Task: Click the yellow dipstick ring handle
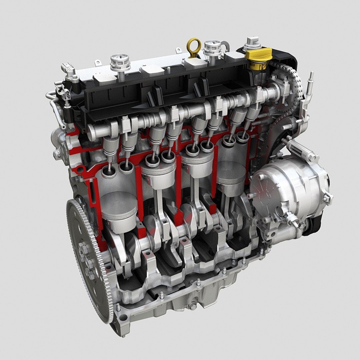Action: [x=194, y=46]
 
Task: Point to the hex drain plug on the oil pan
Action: [x=193, y=306]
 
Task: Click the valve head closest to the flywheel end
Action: [x=109, y=171]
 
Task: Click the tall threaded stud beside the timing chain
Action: [x=311, y=80]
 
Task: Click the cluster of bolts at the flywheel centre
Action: [x=86, y=260]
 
